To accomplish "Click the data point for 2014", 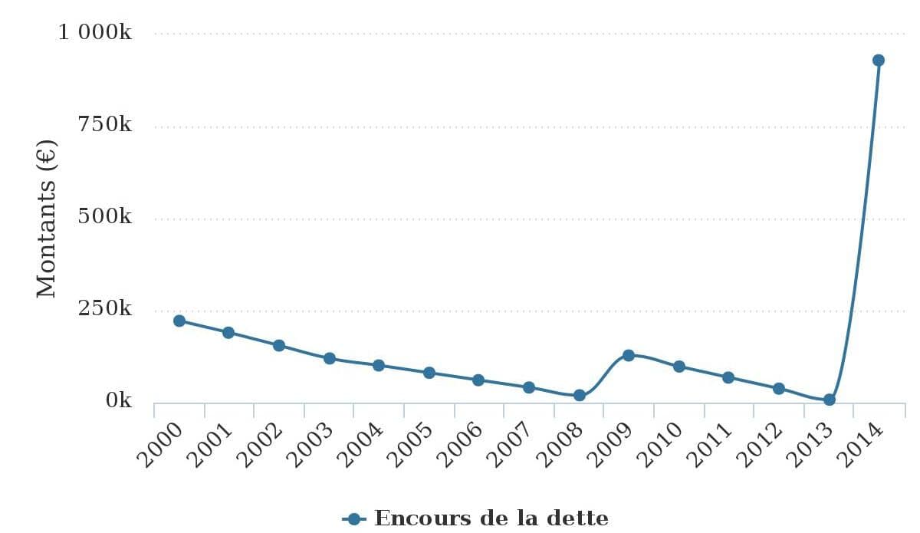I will tap(879, 60).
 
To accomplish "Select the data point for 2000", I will tap(179, 321).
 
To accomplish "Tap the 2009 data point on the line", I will tap(629, 355).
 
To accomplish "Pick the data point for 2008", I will tap(580, 395).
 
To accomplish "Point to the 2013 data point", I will tap(830, 400).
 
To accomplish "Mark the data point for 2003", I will tap(330, 358).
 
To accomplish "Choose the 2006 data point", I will tap(478, 380).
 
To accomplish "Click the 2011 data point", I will tap(728, 377).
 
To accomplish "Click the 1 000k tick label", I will tap(95, 33).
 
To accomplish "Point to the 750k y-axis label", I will tap(105, 125).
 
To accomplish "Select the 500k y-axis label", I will tap(105, 217).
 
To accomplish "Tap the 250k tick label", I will tap(105, 309).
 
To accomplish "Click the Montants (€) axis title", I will tap(47, 219).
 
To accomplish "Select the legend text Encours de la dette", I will tap(491, 518).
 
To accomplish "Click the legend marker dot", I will tap(353, 519).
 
